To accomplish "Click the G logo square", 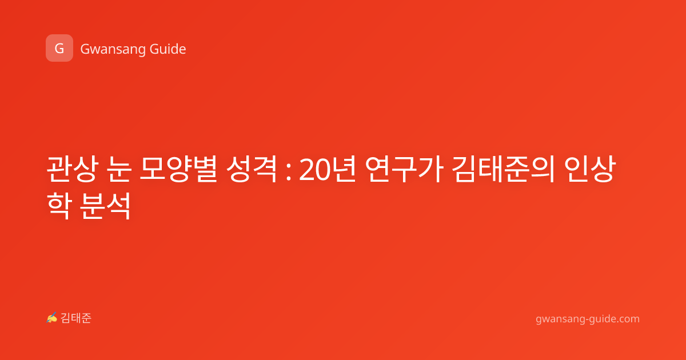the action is pos(59,48).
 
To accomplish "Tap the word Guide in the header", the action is pos(168,49).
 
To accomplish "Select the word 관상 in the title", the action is pos(73,169).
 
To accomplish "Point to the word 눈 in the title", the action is pos(119,169).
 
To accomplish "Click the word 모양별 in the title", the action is pos(178,169).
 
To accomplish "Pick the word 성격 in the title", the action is pos(252,169).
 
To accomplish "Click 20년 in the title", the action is pos(328,170).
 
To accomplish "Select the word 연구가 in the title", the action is pos(404,169).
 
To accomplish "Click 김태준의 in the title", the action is pos(504,169).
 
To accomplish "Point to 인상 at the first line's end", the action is pos(590,169).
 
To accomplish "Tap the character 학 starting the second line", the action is pos(59,206).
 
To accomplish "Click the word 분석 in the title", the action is pos(106,206).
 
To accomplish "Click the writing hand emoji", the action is pos(52,318).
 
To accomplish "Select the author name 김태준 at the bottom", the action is pos(76,318).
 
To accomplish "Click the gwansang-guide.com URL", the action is pos(588,319).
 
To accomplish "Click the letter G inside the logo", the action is pos(59,49).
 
